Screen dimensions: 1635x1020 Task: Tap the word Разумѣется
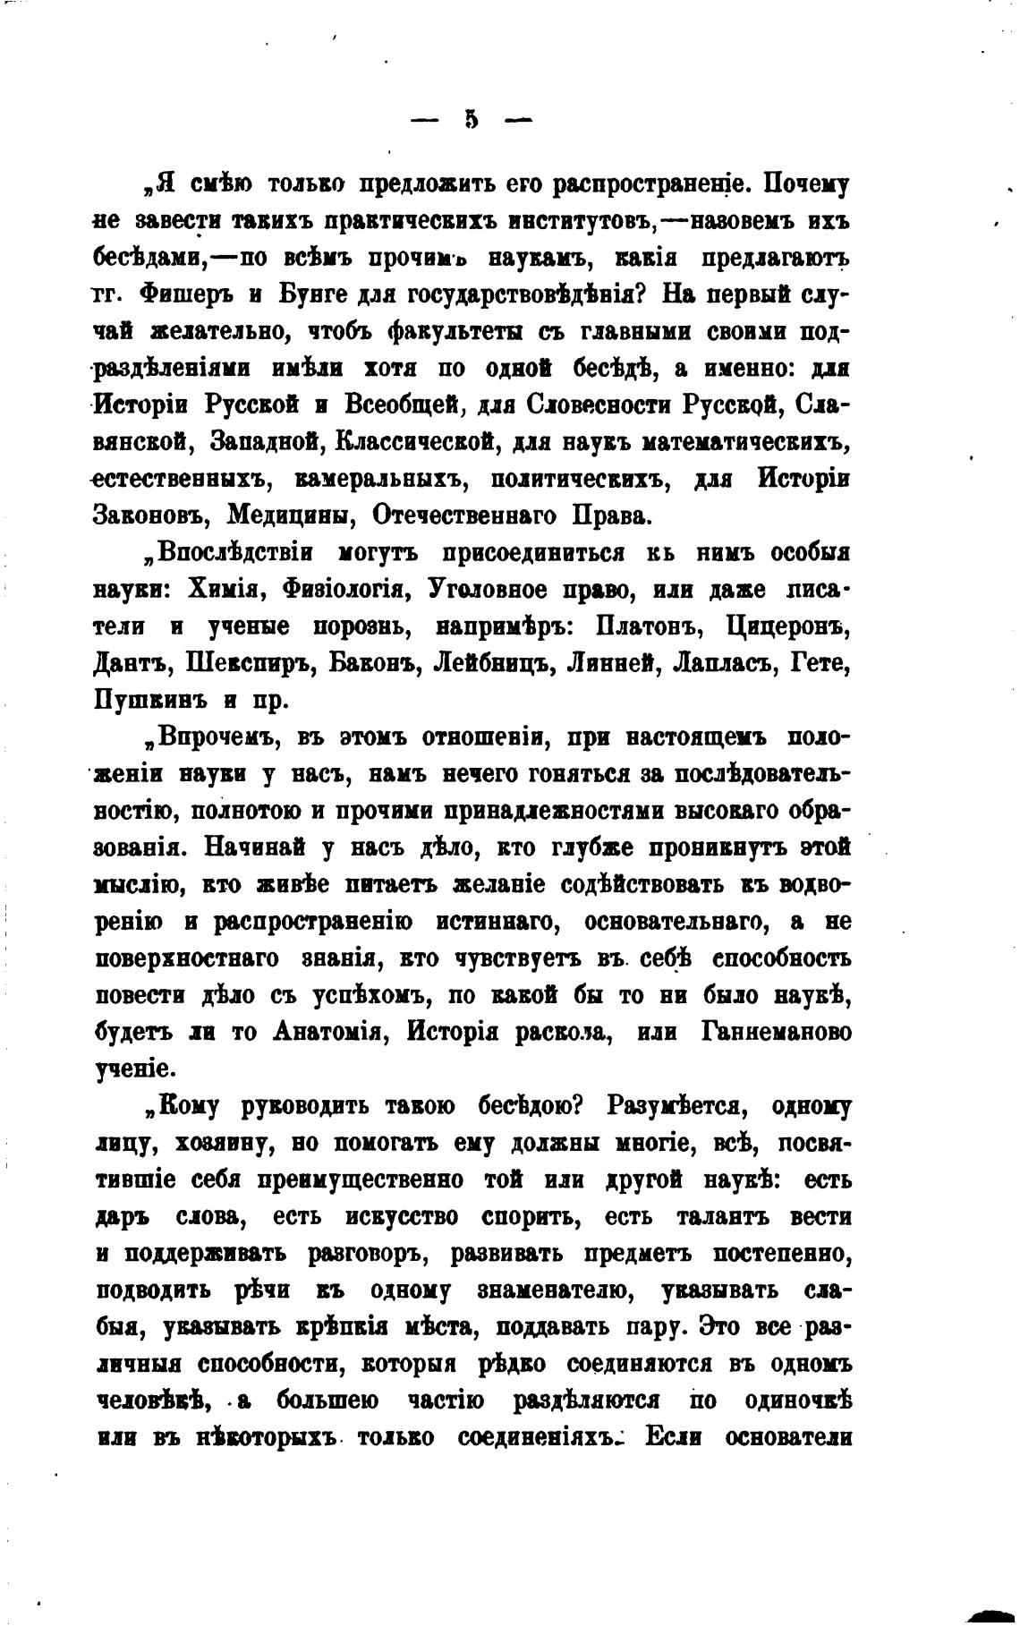pos(684,1106)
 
